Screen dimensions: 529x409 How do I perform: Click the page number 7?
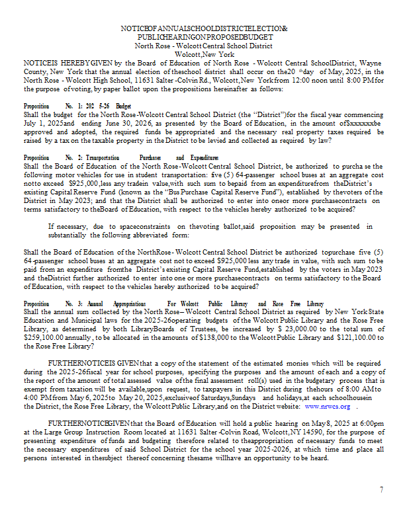tap(382, 489)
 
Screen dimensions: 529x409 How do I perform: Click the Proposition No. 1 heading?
tap(77, 105)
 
